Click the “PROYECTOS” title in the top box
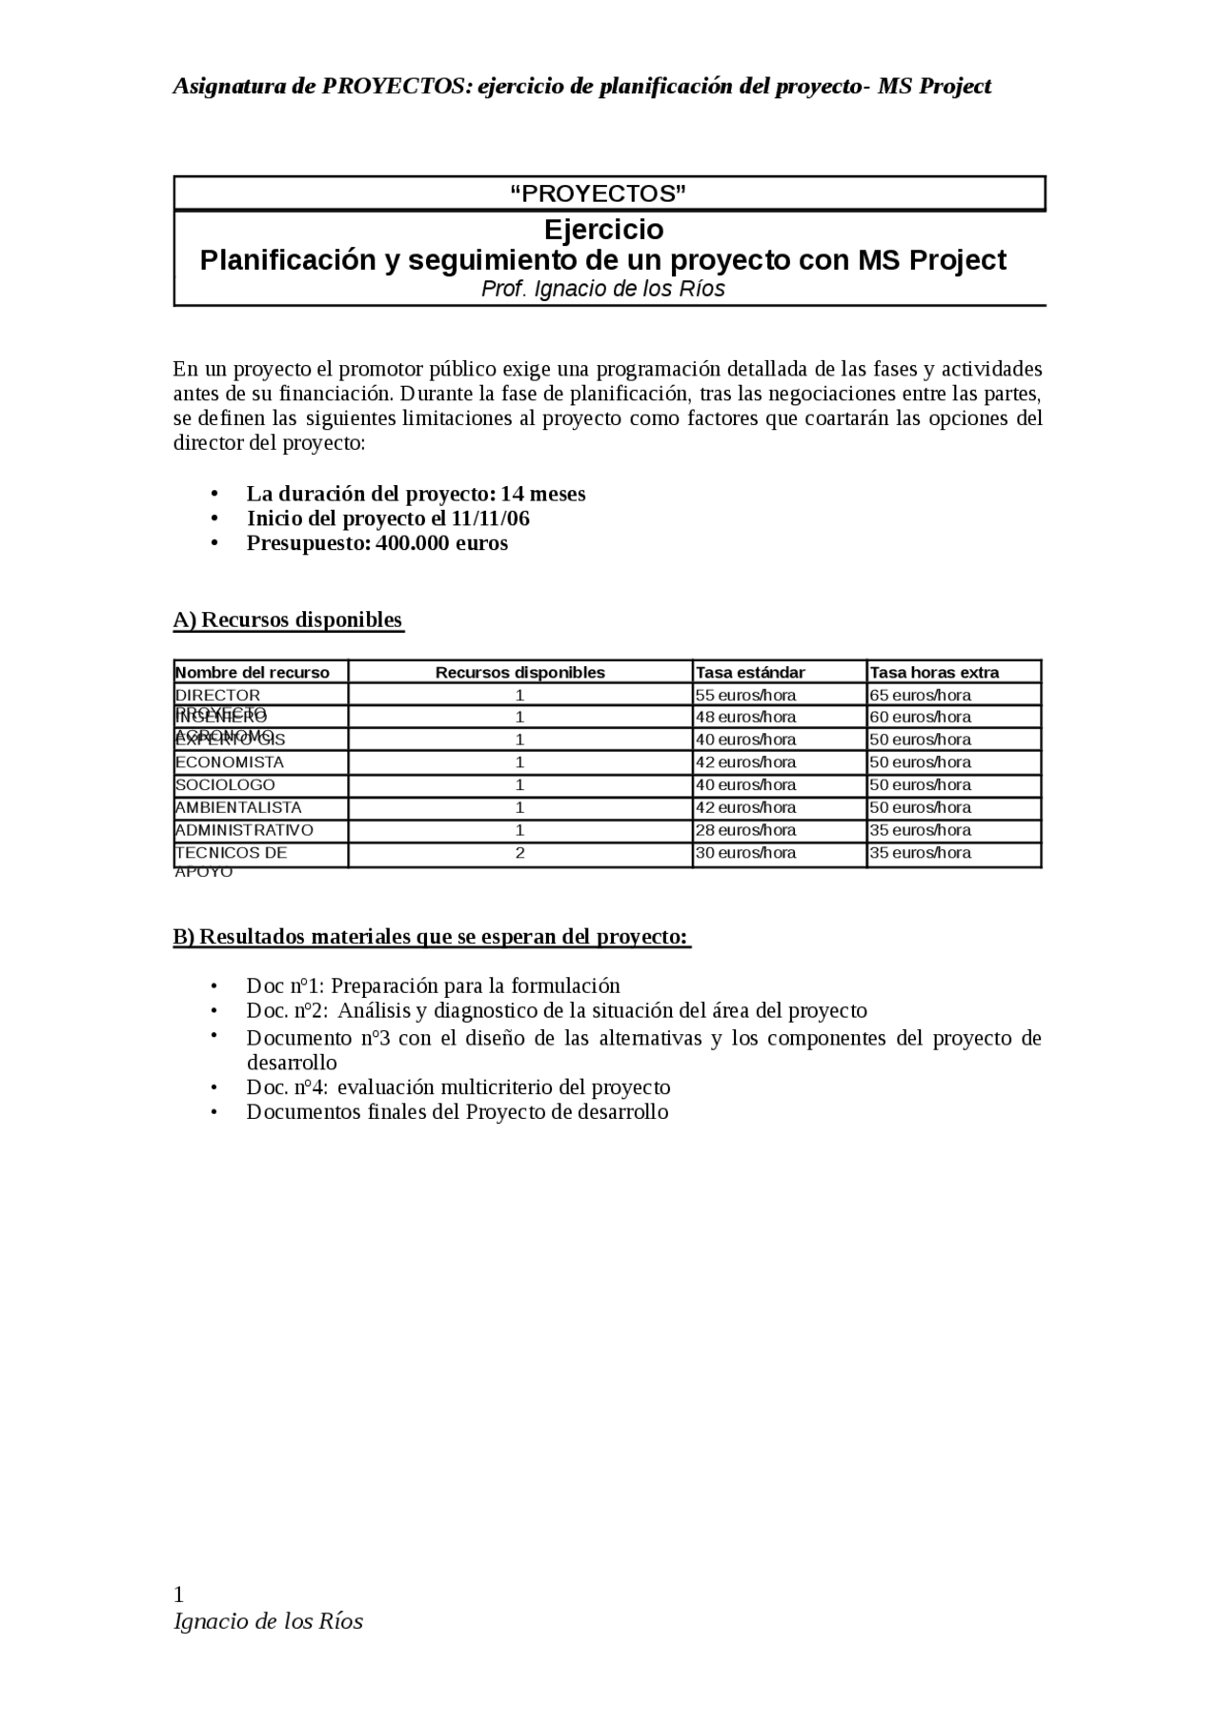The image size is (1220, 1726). pos(599,194)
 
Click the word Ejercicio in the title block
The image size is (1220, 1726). pos(603,230)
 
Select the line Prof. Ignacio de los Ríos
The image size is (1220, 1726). pos(602,289)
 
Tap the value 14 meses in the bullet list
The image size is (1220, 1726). pos(543,494)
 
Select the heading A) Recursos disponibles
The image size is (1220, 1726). pos(288,619)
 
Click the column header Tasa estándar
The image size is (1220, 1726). pos(750,672)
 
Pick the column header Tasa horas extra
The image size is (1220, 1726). pos(934,672)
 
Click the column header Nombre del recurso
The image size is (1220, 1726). pos(253,672)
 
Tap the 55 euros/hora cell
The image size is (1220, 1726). pos(745,695)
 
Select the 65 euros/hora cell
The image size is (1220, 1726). pos(920,695)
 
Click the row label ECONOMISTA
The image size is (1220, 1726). pos(230,761)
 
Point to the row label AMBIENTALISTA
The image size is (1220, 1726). pos(238,807)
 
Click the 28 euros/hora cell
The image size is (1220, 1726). pos(745,830)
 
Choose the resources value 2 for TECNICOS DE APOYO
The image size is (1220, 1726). pos(519,853)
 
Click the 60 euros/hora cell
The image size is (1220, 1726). pos(920,717)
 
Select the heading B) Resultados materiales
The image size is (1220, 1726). pos(431,936)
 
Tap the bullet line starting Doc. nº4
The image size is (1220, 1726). pos(457,1087)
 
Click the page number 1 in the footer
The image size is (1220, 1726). pos(178,1594)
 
